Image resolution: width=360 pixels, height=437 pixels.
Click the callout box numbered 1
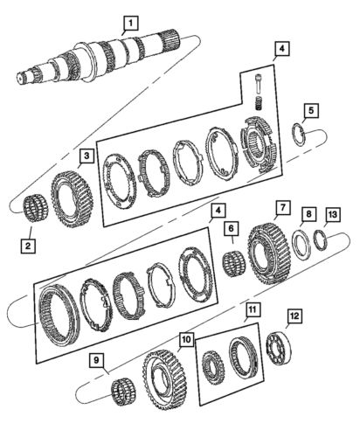[x=129, y=23]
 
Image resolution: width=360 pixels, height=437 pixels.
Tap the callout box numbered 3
[x=87, y=157]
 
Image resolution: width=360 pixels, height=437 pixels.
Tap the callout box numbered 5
[x=311, y=111]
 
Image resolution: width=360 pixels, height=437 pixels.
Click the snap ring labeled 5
[x=298, y=134]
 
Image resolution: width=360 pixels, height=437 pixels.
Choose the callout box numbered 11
[x=252, y=309]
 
